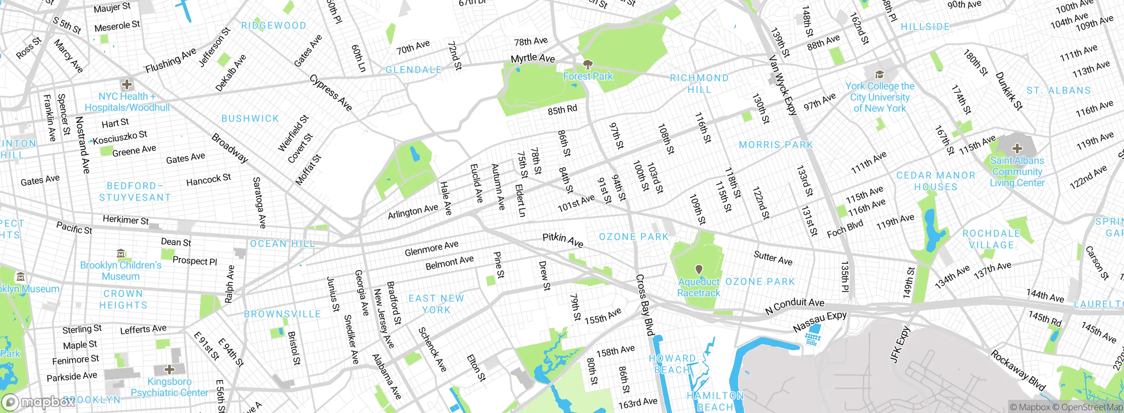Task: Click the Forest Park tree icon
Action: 587,65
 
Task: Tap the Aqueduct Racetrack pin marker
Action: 699,269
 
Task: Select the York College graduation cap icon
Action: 879,74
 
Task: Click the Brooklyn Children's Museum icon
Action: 121,254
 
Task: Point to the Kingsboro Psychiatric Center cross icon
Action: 169,369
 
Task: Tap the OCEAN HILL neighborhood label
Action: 282,244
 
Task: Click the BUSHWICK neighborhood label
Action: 250,119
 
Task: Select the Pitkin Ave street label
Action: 563,240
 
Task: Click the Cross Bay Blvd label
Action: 645,305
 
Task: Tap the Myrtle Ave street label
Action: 533,58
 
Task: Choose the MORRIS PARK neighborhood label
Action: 776,145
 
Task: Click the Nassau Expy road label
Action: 819,322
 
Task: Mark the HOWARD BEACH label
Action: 672,364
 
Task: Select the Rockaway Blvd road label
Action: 1018,370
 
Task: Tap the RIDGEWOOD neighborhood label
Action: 274,25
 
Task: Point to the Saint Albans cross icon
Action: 1017,148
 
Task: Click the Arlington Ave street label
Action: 413,211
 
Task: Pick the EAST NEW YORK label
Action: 436,304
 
